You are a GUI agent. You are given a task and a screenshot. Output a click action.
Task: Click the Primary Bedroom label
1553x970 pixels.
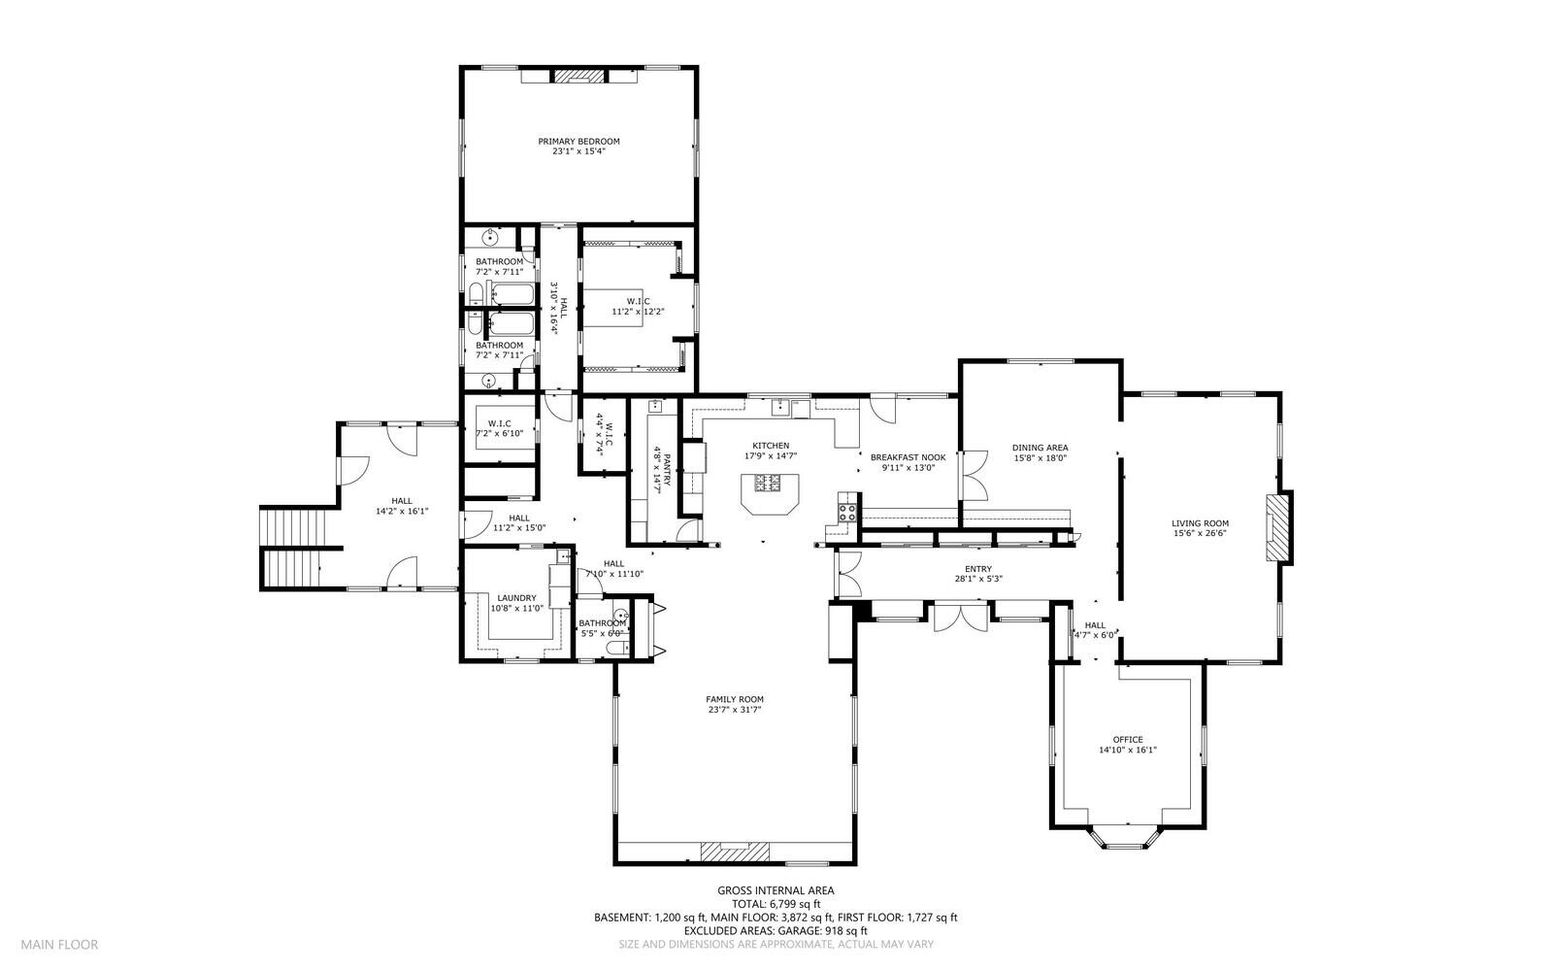coord(578,142)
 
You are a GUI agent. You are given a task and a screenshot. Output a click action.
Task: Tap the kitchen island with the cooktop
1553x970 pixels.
coord(770,493)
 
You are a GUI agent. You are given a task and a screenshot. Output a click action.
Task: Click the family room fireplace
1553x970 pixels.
coord(734,852)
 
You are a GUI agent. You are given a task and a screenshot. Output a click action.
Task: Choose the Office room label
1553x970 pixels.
coord(1127,740)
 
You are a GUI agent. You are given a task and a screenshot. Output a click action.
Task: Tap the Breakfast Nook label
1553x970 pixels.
coord(909,457)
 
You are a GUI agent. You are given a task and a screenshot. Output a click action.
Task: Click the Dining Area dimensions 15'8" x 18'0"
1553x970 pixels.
coord(1040,458)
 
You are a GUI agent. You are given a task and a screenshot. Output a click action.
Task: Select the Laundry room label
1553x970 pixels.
coord(516,598)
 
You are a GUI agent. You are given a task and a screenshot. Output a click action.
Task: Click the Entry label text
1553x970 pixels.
coord(978,569)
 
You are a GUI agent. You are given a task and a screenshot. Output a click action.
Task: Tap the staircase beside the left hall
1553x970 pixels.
coord(293,549)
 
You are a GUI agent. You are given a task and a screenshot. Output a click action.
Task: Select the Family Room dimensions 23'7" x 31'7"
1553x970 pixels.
coord(735,710)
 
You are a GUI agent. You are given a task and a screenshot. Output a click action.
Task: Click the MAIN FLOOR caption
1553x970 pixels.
coord(59,945)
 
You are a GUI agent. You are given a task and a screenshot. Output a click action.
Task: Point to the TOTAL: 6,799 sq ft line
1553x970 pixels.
coord(776,904)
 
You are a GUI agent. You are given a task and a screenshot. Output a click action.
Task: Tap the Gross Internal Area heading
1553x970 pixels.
coord(776,891)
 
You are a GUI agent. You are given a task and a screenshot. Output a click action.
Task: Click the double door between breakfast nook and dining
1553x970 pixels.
coord(975,476)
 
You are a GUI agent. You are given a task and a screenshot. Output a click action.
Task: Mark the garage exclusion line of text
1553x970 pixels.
coord(776,931)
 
